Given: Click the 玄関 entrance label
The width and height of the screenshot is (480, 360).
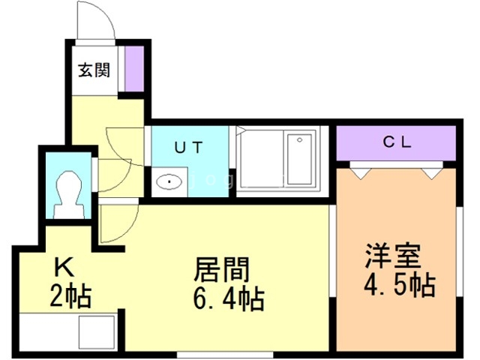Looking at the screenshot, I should pyautogui.click(x=94, y=71).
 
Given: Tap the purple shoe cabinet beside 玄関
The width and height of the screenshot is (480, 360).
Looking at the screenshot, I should pyautogui.click(x=133, y=70).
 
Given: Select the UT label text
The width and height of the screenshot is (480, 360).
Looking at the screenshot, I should pyautogui.click(x=189, y=147).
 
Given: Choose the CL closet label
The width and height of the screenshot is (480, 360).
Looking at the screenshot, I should pyautogui.click(x=395, y=142).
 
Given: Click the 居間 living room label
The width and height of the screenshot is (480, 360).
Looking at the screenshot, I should pyautogui.click(x=221, y=269).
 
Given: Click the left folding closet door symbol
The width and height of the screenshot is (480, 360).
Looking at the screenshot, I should pyautogui.click(x=361, y=170).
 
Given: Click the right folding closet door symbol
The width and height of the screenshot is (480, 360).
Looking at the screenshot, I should pyautogui.click(x=431, y=170).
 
